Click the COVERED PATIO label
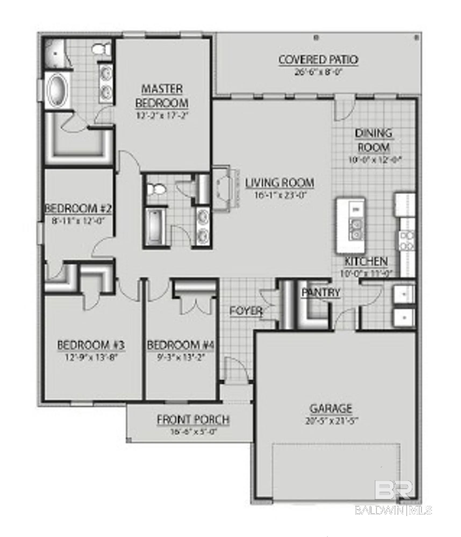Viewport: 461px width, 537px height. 318,60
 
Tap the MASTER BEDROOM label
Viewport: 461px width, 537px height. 162,96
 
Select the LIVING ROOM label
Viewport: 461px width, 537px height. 280,183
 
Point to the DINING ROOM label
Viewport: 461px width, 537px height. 374,140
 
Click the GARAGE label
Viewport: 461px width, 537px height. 331,409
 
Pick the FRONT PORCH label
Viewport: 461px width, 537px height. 193,420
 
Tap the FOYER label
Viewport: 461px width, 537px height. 246,311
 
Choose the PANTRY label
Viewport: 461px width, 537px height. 321,292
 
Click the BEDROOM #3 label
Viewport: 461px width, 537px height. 91,345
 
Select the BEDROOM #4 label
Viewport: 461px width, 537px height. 180,345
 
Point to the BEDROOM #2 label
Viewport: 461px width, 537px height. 78,209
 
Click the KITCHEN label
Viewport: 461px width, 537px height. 366,261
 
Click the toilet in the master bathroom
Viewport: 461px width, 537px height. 101,49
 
